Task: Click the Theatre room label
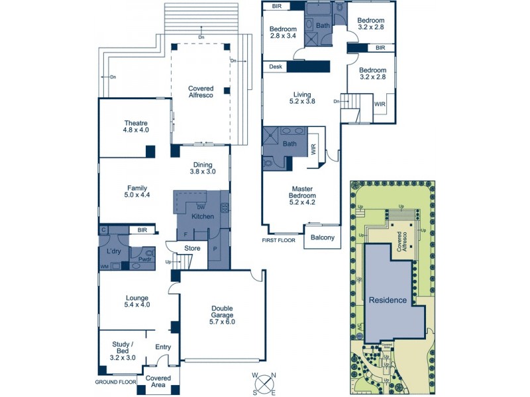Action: [136, 126]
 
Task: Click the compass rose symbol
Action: [264, 383]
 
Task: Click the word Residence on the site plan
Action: [388, 300]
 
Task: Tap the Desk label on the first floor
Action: [275, 67]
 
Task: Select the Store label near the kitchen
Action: [192, 249]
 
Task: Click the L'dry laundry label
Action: [113, 251]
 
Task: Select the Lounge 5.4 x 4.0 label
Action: [137, 302]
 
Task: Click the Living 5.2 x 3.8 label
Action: [302, 97]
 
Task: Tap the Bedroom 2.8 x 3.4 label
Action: [283, 33]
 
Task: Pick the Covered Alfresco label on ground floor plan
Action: [201, 92]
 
